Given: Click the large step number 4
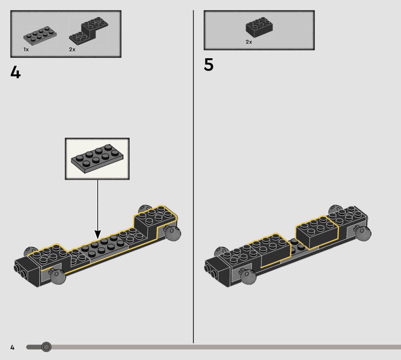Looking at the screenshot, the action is pyautogui.click(x=16, y=72).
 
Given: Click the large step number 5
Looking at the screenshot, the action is pyautogui.click(x=209, y=65).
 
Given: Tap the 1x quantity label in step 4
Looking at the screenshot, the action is pyautogui.click(x=26, y=49).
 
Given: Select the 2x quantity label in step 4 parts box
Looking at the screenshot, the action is pyautogui.click(x=72, y=49).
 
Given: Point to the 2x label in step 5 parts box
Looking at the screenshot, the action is pyautogui.click(x=249, y=42).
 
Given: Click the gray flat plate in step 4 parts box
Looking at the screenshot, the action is pyautogui.click(x=40, y=36).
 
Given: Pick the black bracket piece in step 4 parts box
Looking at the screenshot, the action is pyautogui.click(x=89, y=31).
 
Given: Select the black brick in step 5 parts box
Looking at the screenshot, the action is pyautogui.click(x=259, y=28).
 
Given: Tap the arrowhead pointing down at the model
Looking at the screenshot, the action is pyautogui.click(x=98, y=234).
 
